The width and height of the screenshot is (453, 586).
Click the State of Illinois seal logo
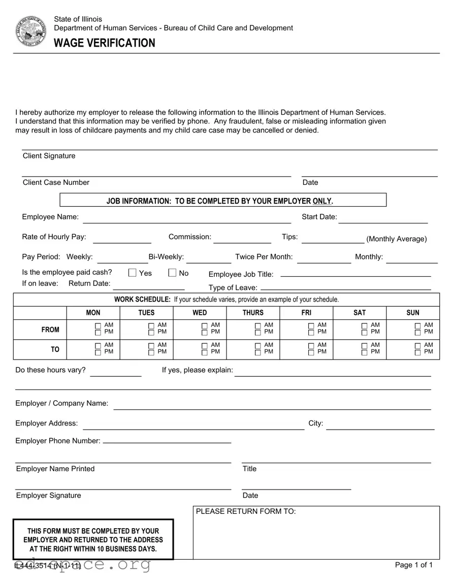30,31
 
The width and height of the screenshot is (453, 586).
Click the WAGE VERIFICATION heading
105,43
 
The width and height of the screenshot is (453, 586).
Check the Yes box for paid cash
132,273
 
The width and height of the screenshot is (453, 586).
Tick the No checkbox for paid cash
172,273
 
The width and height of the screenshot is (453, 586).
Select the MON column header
93,313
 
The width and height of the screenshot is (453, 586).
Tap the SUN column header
413,313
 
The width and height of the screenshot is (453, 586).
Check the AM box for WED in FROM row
205,325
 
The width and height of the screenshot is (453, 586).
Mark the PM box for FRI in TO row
311,352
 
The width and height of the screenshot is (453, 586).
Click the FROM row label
50,330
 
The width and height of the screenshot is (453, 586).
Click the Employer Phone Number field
167,441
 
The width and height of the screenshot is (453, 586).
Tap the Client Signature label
49,156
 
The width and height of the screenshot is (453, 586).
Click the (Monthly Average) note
397,239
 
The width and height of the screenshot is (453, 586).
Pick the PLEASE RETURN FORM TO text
246,511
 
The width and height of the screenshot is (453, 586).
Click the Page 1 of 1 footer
414,565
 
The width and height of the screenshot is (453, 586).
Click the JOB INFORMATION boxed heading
220,201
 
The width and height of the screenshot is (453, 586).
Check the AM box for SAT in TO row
365,346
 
